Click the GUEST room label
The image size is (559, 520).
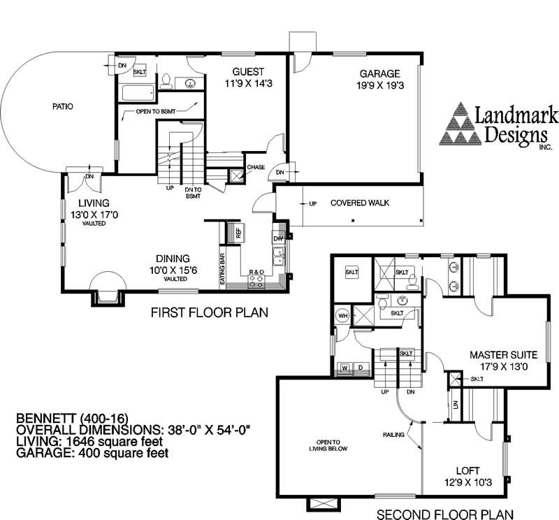pyautogui.click(x=248, y=72)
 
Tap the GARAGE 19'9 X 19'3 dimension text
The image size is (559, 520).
pyautogui.click(x=380, y=85)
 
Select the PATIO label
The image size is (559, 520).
pyautogui.click(x=63, y=106)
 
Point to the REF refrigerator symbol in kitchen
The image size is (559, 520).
pyautogui.click(x=235, y=233)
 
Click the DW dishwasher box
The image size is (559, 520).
pyautogui.click(x=278, y=238)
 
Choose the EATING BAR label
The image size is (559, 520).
pyautogui.click(x=222, y=268)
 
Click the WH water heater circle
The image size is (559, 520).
pyautogui.click(x=343, y=316)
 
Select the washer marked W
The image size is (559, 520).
pyautogui.click(x=344, y=368)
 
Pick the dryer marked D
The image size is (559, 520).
pyautogui.click(x=361, y=368)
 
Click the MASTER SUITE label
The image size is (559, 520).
pyautogui.click(x=503, y=355)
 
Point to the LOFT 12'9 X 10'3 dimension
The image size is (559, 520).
pyautogui.click(x=467, y=482)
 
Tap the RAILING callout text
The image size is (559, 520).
pyautogui.click(x=393, y=435)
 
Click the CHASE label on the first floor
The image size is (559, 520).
pyautogui.click(x=256, y=167)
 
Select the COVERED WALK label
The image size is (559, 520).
pyautogui.click(x=360, y=203)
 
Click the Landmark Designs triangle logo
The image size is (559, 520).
pyautogui.click(x=460, y=124)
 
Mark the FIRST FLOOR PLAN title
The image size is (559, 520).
pyautogui.click(x=209, y=312)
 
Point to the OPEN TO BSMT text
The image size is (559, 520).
pyautogui.click(x=156, y=112)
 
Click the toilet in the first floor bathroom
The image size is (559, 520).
pyautogui.click(x=166, y=81)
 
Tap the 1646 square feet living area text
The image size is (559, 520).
pyautogui.click(x=115, y=442)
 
